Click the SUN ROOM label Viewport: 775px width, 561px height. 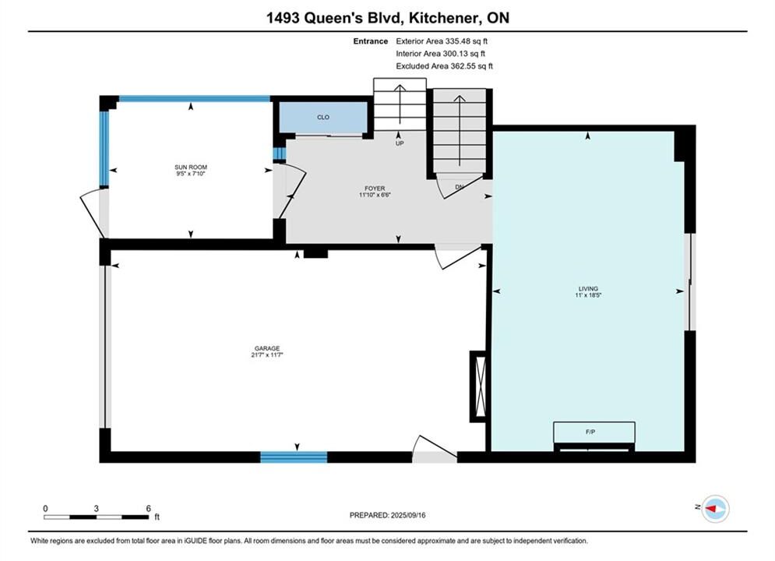191,167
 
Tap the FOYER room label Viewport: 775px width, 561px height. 375,189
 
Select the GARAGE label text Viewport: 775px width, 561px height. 267,348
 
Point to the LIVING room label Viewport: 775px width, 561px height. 588,288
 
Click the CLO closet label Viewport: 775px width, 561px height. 323,117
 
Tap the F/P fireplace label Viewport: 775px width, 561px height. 590,432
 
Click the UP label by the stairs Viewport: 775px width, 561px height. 400,143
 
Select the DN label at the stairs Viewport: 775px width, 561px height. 460,187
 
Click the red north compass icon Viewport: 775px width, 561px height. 715,508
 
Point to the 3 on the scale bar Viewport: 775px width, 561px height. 97,508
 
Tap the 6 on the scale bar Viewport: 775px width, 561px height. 148,508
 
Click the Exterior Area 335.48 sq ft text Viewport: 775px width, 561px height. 442,41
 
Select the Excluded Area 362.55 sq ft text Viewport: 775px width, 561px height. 444,66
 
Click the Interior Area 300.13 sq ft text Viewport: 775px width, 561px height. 440,54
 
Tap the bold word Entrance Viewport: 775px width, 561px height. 371,41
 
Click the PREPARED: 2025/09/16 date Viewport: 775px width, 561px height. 388,515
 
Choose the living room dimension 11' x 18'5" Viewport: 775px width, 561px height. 588,295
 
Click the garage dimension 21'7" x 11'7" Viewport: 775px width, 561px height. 267,355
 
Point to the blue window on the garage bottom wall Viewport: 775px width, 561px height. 294,457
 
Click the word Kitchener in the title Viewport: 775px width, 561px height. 443,18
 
